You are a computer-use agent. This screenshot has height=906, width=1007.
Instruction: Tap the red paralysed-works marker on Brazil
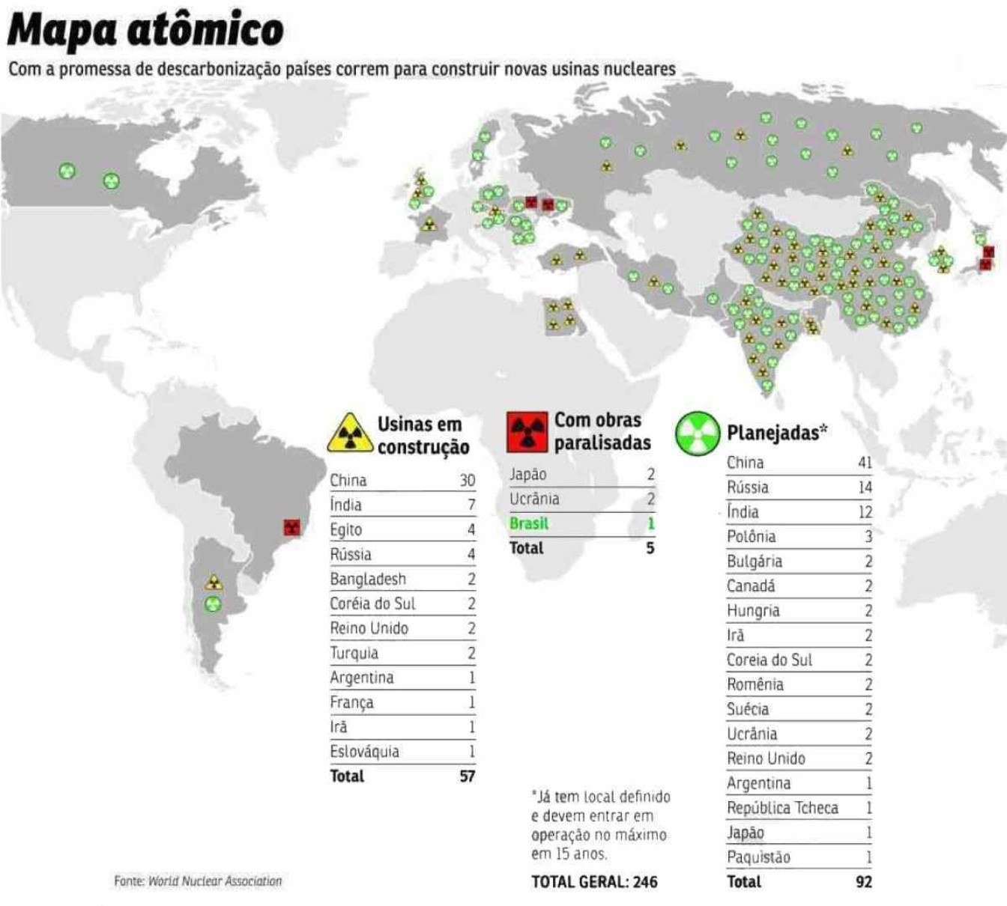pyautogui.click(x=291, y=528)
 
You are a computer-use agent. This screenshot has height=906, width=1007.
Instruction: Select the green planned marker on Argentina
pyautogui.click(x=214, y=604)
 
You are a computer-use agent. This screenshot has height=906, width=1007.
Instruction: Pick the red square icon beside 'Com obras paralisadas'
pyautogui.click(x=527, y=432)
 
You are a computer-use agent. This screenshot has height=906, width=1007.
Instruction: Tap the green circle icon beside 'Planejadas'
pyautogui.click(x=697, y=432)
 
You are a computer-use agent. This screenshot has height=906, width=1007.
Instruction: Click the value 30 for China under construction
pyautogui.click(x=467, y=481)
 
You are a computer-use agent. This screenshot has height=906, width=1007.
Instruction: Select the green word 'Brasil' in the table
pyautogui.click(x=529, y=523)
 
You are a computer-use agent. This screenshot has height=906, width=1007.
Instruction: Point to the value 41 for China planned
pyautogui.click(x=864, y=463)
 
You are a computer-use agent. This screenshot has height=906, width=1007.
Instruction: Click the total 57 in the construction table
pyautogui.click(x=467, y=776)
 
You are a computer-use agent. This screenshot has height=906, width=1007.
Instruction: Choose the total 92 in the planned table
pyautogui.click(x=863, y=882)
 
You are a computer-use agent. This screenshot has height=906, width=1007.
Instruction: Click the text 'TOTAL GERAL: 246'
pyautogui.click(x=594, y=882)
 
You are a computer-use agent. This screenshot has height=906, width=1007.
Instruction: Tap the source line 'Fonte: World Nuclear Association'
pyautogui.click(x=198, y=881)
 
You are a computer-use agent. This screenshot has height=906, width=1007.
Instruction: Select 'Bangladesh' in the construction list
pyautogui.click(x=368, y=579)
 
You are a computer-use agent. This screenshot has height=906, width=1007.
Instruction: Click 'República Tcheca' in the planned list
pyautogui.click(x=782, y=808)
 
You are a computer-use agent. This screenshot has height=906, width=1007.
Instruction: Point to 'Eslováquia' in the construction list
pyautogui.click(x=364, y=752)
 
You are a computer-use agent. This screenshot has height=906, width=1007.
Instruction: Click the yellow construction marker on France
pyautogui.click(x=429, y=224)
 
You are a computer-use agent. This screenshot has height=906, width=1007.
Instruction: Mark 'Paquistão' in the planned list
pyautogui.click(x=758, y=857)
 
